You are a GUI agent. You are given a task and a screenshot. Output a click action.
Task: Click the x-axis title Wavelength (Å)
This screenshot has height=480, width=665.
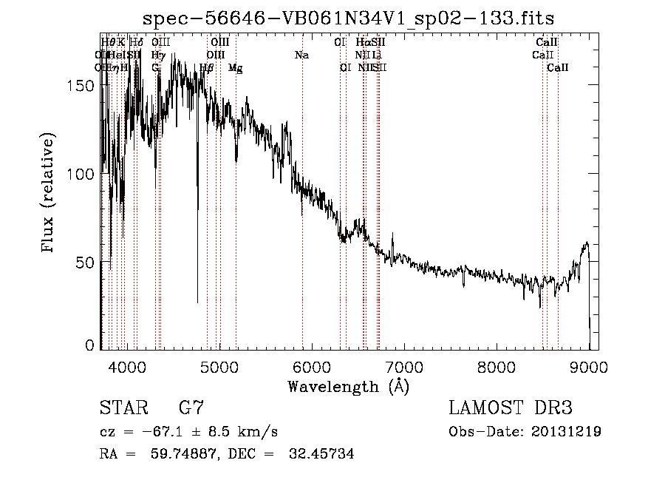click(348, 385)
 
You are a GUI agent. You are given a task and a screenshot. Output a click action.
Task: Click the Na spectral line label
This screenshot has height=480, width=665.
click(301, 55)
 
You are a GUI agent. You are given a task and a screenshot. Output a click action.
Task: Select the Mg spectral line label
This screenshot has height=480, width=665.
click(235, 68)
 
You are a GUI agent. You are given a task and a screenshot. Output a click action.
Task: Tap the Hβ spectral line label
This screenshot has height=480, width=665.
click(207, 68)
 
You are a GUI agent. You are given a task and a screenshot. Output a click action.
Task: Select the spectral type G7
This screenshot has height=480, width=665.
click(191, 409)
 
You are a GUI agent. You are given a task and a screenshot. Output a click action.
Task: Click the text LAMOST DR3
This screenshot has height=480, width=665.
click(511, 409)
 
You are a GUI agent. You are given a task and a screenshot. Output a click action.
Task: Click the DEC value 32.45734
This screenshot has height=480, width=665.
click(320, 454)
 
